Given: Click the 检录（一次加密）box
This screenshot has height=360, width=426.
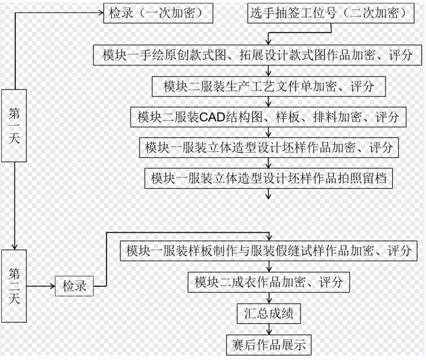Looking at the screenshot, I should pos(158,12).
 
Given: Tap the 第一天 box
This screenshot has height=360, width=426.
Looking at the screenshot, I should pos(15,125).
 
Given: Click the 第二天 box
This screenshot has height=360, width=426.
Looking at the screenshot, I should pos(15,286).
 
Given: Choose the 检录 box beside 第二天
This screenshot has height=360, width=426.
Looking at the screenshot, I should pos(74,286).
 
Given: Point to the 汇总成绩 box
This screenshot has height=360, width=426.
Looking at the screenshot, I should pos(268,312).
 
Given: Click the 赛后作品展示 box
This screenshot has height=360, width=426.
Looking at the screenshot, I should pos(268,342).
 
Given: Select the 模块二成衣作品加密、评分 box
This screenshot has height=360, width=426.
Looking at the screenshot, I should pos(268,282).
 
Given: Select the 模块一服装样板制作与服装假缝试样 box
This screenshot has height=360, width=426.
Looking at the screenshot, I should pos(268,250).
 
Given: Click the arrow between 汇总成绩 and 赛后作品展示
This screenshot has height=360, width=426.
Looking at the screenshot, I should pos(268,327).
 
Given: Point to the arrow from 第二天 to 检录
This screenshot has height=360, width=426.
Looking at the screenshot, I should pos(41,286).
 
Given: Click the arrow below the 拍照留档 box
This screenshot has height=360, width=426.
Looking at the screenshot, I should pos(269,193).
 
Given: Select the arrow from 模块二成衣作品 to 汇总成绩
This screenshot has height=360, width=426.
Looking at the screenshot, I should pos(268,297).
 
